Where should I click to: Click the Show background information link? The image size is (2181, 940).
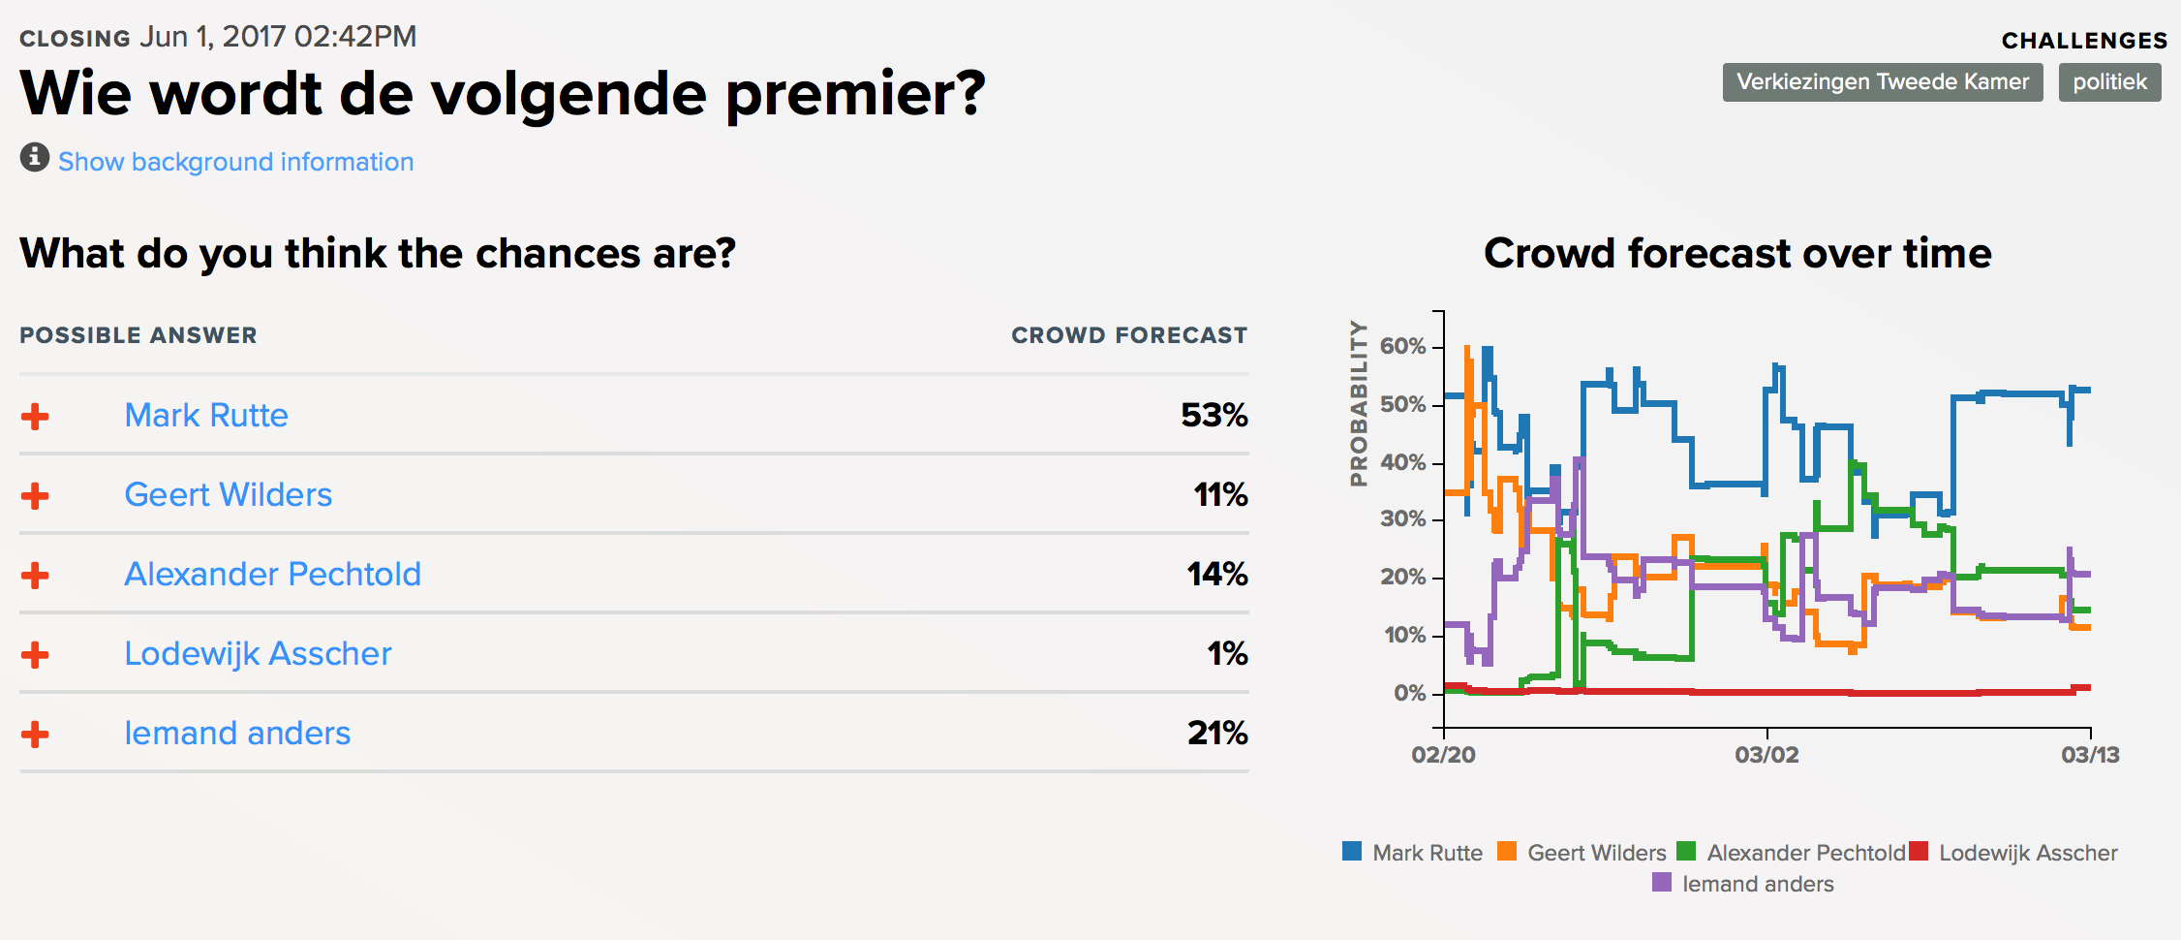235,162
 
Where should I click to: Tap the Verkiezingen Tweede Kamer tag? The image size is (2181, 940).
1882,82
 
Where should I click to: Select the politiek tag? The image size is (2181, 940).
2109,82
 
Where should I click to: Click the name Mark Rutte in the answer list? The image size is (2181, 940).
206,416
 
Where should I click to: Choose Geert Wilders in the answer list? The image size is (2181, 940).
228,495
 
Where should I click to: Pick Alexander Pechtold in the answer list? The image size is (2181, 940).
272,575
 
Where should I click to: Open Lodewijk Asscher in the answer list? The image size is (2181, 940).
258,654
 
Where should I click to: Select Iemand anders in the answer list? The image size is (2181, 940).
237,734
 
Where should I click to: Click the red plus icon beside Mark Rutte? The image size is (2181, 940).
35,417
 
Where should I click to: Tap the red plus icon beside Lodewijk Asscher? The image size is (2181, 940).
35,655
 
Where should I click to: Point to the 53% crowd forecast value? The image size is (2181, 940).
1213,416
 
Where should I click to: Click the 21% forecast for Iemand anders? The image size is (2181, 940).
1217,734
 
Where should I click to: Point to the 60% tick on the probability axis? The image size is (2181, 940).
1402,347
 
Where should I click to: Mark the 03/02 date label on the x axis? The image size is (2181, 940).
1766,755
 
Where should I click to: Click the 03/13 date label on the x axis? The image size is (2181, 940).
2090,755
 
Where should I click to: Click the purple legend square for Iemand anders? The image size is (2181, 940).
1662,882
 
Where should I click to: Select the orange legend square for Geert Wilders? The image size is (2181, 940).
1507,851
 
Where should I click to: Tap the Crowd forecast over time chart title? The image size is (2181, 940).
1737,254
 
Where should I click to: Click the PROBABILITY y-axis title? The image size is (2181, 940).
1359,403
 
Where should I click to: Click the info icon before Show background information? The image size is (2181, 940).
35,157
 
